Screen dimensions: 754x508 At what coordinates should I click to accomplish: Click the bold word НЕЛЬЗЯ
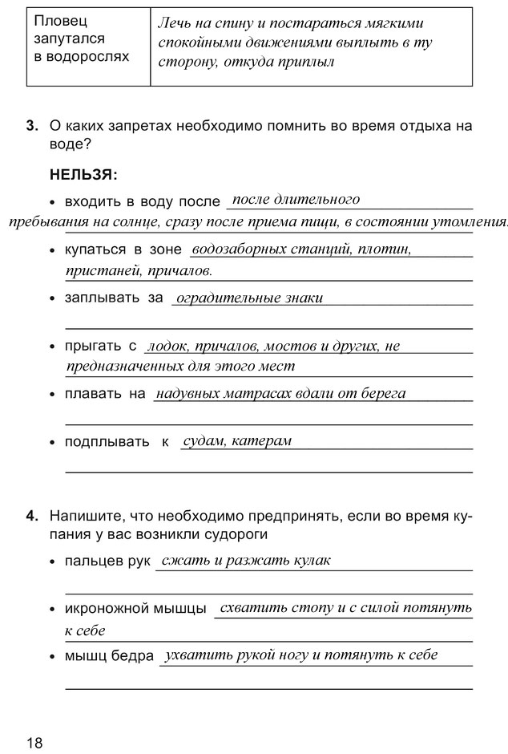click(83, 173)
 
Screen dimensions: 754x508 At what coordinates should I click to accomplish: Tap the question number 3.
click(31, 126)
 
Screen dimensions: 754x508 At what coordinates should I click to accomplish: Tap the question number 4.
click(31, 516)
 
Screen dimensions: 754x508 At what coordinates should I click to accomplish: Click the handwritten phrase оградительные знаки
click(249, 298)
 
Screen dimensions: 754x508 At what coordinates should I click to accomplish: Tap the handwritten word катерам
click(261, 440)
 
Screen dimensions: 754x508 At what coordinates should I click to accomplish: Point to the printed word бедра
click(136, 656)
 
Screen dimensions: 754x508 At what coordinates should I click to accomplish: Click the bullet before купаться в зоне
click(53, 251)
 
